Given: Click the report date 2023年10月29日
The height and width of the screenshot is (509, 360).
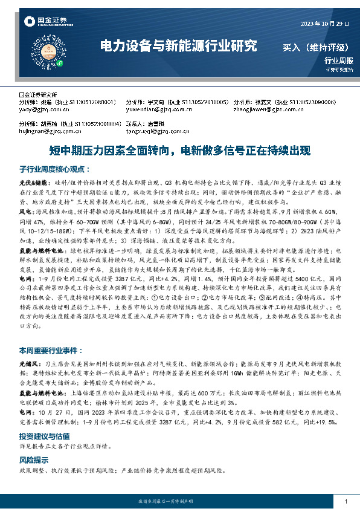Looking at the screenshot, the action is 325,24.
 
